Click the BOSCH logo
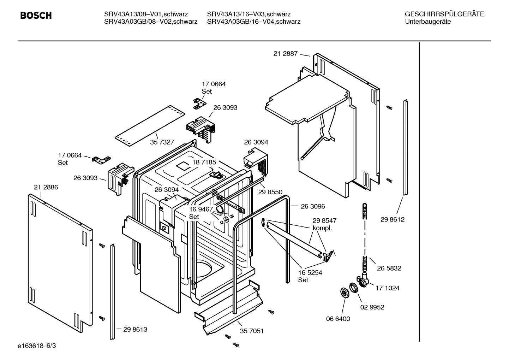coord(36,15)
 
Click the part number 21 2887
coord(285,54)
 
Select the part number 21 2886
coord(46,187)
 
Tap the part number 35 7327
coord(162,142)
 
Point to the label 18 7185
coord(204,162)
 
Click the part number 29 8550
coord(270,192)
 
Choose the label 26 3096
coord(313,206)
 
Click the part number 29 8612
coord(392,219)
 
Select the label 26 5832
coord(389,268)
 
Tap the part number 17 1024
coord(387,288)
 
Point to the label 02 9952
coord(372,307)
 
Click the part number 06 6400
coord(338,319)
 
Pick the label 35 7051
coord(252,331)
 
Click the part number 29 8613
coord(135,329)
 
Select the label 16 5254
coord(310,273)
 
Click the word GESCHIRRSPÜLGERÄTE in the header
coord(444,14)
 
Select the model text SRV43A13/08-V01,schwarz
coord(146,14)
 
